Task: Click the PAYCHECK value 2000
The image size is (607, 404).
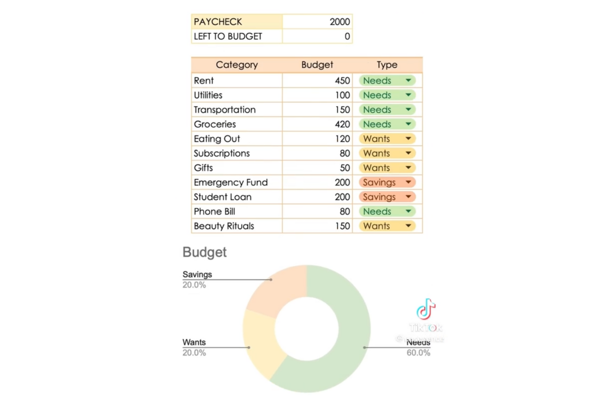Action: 340,22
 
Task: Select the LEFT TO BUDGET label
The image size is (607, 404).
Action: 228,36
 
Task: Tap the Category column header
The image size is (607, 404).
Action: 237,65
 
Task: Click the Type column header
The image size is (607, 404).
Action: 387,65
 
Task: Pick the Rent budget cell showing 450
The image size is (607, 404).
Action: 342,80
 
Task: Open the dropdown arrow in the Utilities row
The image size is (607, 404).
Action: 408,95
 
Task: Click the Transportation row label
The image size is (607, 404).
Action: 225,109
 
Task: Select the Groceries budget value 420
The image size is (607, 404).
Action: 342,124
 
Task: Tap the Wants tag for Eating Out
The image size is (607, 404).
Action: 377,139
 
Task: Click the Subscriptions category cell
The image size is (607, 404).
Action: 222,153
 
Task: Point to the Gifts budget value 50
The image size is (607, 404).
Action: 345,168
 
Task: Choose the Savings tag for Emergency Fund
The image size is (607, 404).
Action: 379,182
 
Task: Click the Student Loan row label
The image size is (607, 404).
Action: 223,197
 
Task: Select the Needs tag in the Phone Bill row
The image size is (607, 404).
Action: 377,211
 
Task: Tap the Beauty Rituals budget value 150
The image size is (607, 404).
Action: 342,226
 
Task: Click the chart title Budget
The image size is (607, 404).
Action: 204,252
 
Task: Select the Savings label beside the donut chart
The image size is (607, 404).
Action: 197,274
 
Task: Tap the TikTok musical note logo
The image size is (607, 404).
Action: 425,309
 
